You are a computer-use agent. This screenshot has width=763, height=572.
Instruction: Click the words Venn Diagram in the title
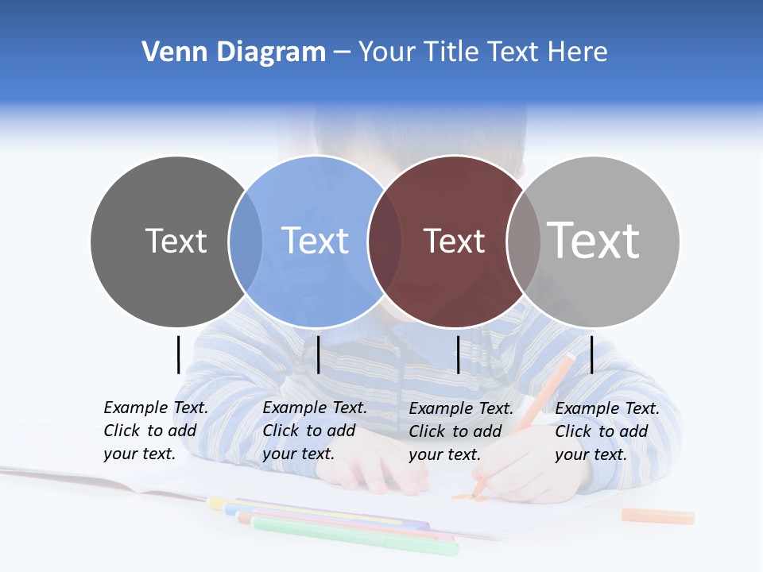coord(234,52)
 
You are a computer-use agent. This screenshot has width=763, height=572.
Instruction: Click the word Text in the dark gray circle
coord(176,241)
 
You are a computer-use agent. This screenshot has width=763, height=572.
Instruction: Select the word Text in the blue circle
coord(316,241)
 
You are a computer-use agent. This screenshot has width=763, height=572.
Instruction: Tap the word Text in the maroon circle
coord(454,242)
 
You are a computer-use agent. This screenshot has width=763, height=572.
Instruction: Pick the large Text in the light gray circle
coord(594,240)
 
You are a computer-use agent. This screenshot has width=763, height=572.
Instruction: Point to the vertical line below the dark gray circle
coord(178,354)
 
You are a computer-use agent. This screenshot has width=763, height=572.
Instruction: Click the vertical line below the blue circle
coord(318,354)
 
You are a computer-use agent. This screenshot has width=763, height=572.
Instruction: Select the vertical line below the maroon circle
coord(458,354)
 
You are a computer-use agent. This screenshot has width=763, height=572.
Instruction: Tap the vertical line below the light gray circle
coord(591,354)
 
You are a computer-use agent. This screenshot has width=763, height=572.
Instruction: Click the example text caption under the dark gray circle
coord(156,431)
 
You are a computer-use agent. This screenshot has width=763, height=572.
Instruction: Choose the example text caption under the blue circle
coord(315,431)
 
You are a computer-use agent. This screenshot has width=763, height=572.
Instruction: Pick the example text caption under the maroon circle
coord(461,431)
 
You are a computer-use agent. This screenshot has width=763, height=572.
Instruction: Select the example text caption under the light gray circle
coord(607,431)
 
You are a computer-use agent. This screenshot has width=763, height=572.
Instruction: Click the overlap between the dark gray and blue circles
coord(246,241)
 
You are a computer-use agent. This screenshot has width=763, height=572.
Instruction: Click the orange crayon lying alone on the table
coord(657,516)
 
